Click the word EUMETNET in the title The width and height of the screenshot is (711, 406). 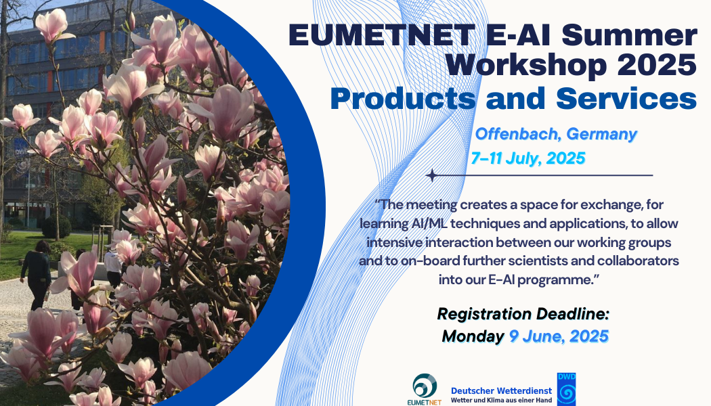[382, 35]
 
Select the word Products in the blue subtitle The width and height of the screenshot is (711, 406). [403, 98]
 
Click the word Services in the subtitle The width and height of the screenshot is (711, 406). [626, 98]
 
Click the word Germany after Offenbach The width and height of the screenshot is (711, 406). [602, 135]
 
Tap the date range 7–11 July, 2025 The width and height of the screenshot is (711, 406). [527, 158]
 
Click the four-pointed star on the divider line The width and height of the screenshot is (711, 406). [432, 175]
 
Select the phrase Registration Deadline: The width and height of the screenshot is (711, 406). [523, 314]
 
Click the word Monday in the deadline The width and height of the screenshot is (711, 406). [473, 336]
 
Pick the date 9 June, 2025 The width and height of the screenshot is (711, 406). [559, 336]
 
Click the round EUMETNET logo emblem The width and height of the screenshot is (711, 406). [425, 386]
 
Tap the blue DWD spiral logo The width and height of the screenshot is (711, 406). [566, 389]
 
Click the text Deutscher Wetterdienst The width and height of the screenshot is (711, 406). [502, 390]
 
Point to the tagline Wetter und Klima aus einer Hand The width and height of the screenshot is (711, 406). [502, 401]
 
